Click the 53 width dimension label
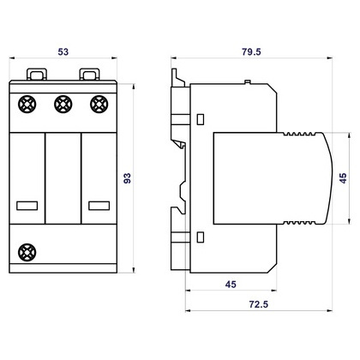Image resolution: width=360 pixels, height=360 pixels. (63, 51)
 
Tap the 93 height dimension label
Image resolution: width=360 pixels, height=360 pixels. (127, 178)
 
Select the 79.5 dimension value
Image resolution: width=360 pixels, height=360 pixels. (251, 51)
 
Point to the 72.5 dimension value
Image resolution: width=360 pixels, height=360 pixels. (259, 304)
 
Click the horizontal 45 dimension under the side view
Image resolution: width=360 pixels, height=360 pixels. (231, 285)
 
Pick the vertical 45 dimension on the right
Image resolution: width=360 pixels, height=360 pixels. (343, 178)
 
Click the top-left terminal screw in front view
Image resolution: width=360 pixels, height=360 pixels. (27, 105)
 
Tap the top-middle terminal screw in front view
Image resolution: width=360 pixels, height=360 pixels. (63, 105)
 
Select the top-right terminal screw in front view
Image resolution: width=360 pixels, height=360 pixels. (99, 105)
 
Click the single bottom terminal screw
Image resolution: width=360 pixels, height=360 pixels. (27, 252)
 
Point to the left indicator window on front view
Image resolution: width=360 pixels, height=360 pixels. (27, 206)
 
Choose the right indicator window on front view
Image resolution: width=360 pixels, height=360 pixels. (99, 206)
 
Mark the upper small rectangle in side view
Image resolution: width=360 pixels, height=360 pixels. (201, 119)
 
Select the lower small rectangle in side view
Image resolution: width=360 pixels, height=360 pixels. (201, 237)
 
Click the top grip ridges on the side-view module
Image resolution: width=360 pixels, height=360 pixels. (299, 134)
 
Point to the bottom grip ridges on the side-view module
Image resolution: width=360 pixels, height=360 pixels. (299, 223)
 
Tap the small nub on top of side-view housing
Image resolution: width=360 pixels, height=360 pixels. (248, 82)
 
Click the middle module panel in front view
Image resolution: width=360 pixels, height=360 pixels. (63, 178)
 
